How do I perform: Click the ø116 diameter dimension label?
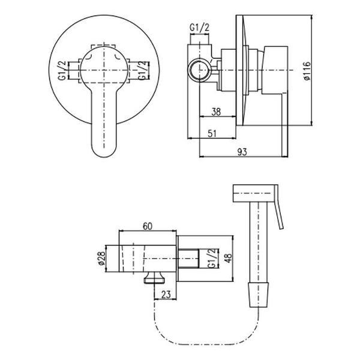click(307, 71)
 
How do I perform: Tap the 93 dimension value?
click(242, 152)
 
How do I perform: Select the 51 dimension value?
click(212, 134)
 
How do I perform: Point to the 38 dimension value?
click(216, 112)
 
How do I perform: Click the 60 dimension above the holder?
click(148, 226)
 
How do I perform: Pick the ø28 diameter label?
click(101, 259)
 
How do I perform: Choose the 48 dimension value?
click(229, 258)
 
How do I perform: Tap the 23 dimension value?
click(166, 295)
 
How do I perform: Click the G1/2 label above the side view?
click(200, 28)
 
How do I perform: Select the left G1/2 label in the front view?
click(62, 70)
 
